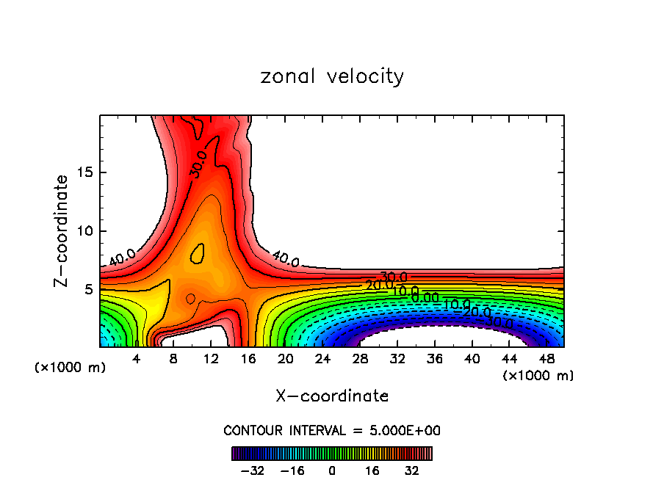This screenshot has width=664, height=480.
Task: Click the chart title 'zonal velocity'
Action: tap(332, 76)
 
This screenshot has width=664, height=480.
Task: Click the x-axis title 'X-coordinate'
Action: tap(332, 396)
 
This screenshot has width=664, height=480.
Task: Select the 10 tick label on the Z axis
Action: tap(84, 231)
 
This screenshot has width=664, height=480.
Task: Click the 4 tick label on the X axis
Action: tap(136, 359)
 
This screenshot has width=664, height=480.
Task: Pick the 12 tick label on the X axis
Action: tap(212, 359)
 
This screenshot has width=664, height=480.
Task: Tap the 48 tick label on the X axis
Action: tap(548, 359)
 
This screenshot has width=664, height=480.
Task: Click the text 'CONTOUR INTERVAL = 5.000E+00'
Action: tap(332, 430)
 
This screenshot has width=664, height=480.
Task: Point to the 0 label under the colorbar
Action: tap(332, 470)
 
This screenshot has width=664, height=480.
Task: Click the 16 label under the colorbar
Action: tap(372, 470)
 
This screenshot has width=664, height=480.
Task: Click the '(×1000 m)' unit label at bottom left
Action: tap(70, 368)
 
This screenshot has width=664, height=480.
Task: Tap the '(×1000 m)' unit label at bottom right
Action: tap(538, 375)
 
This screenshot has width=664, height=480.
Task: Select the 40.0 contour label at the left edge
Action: tap(122, 258)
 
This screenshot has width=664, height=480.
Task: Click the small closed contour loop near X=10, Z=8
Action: tap(197, 253)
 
